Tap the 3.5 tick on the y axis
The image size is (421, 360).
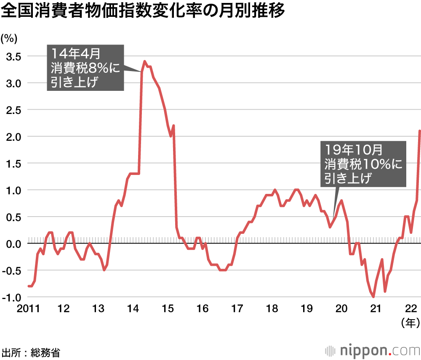(x=13, y=56)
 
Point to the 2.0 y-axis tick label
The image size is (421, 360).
(x=13, y=136)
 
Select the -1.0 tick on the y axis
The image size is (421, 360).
(x=11, y=297)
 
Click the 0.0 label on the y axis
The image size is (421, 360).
(x=13, y=244)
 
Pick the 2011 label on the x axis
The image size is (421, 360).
(x=28, y=308)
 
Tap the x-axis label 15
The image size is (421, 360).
(x=168, y=308)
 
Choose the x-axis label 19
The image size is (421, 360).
(x=307, y=308)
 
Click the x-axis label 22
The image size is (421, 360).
(x=411, y=308)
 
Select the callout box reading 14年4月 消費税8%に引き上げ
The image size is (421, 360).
(x=85, y=67)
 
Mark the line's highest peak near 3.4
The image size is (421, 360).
(x=145, y=61)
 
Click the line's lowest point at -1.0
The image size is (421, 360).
(x=373, y=297)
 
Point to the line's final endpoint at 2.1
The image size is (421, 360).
(x=420, y=131)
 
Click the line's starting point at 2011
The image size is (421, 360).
(x=28, y=286)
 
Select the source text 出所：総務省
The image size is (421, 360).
(x=31, y=352)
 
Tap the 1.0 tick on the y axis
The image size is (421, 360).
(x=13, y=190)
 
